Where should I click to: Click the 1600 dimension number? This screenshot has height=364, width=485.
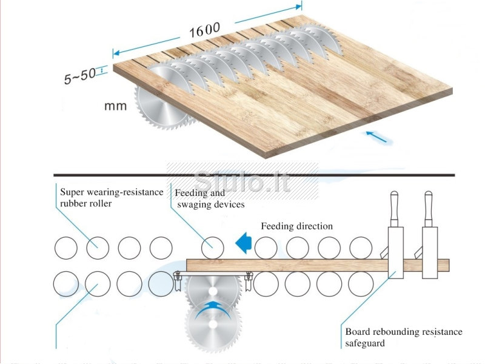(x=204, y=30)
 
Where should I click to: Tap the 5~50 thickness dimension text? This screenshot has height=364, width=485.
(x=80, y=76)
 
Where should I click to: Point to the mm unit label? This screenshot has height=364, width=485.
(x=115, y=106)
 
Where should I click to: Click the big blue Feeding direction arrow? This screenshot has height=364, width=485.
(x=244, y=243)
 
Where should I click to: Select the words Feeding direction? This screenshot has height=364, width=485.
(x=296, y=226)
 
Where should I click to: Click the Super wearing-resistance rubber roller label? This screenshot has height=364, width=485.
(x=112, y=198)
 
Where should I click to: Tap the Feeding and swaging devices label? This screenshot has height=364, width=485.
(x=210, y=199)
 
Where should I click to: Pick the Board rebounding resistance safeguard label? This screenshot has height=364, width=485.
(x=404, y=337)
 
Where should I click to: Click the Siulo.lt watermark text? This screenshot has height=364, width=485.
(x=242, y=181)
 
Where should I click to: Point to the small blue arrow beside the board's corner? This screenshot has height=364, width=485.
(x=376, y=136)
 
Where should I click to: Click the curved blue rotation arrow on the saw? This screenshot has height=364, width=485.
(x=213, y=311)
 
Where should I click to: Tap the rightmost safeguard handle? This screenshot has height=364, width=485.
(x=429, y=209)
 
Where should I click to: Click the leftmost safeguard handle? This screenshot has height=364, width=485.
(x=395, y=209)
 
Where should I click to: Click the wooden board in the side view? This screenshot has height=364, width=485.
(x=318, y=265)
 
